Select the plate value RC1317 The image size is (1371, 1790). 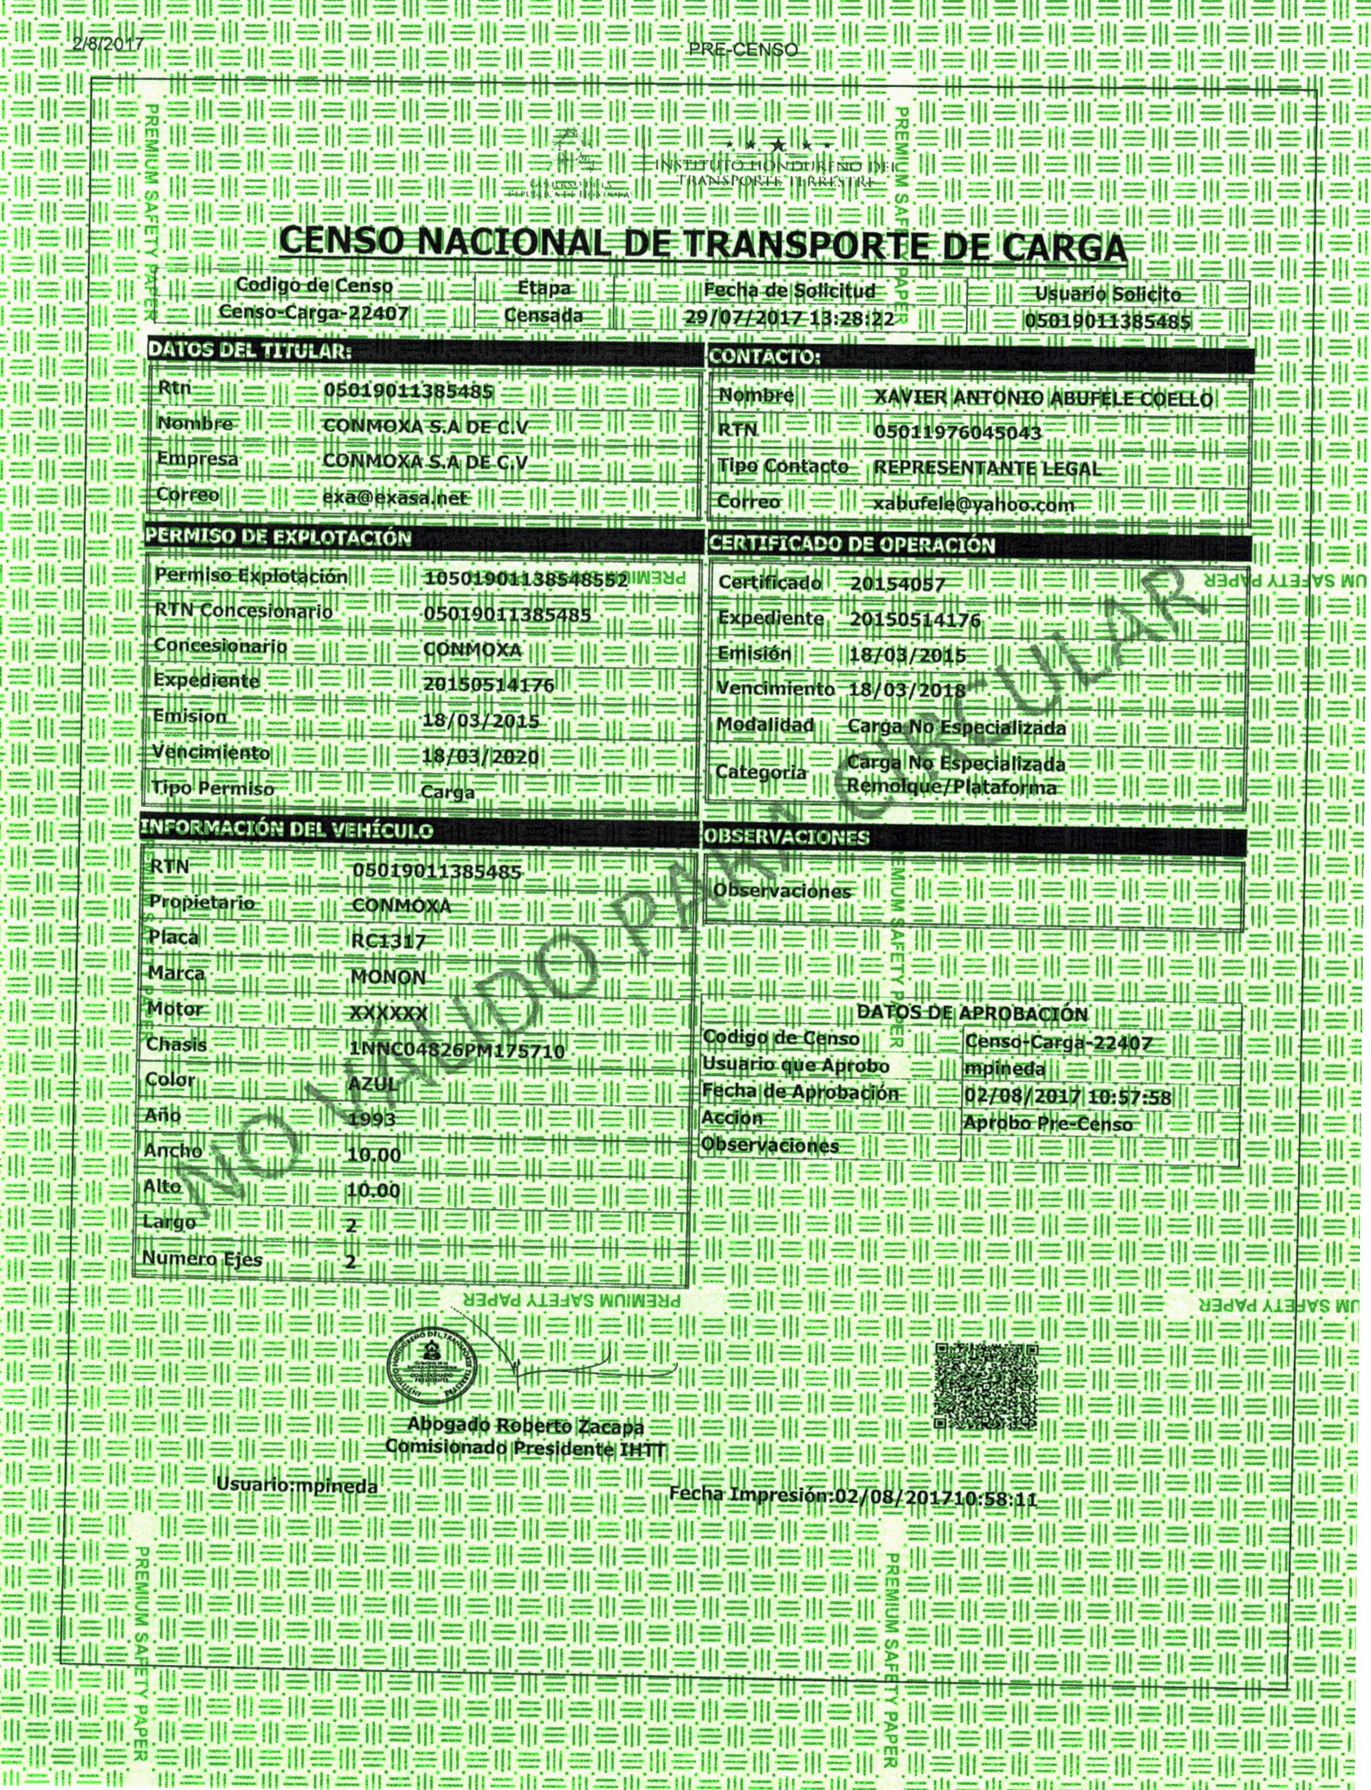[388, 941]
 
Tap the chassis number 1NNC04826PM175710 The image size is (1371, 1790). [457, 1049]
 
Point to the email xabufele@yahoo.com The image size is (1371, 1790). [973, 505]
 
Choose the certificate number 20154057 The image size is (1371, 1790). [897, 584]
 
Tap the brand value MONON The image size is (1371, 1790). [388, 977]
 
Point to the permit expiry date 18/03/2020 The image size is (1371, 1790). [480, 757]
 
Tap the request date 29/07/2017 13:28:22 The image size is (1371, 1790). [789, 317]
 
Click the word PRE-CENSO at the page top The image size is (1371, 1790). [743, 50]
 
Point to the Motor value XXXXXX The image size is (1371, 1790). [388, 1013]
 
